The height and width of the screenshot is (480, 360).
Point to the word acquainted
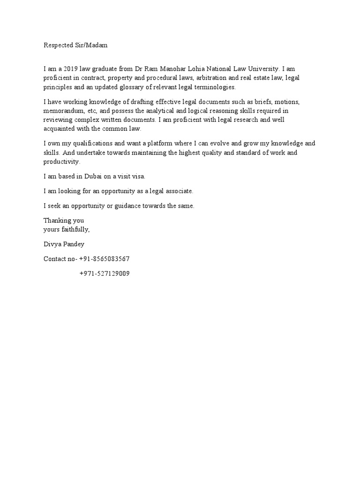click(60, 128)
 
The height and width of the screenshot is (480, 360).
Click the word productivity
click(62, 161)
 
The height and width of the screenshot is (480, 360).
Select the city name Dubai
click(97, 176)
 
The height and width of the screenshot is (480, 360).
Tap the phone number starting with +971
click(105, 273)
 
